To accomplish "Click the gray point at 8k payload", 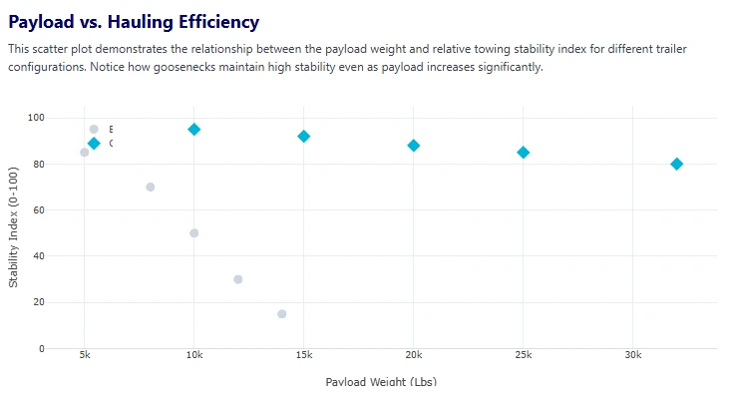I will point(150,187).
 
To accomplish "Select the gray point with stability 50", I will point(194,233).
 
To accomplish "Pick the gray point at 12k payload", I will point(238,279).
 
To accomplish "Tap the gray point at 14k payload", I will point(282,314).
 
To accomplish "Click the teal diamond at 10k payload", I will point(194,130).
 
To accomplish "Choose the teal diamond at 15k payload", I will point(304,137).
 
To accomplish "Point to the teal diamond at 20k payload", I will point(414,146).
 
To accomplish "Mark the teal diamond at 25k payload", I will point(524,153).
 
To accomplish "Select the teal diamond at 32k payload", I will point(677,164).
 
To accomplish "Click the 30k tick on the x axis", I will point(632,355).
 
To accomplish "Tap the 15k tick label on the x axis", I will point(304,355).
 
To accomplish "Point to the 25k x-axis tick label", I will point(524,355).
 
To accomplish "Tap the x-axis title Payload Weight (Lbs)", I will point(381,381).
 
